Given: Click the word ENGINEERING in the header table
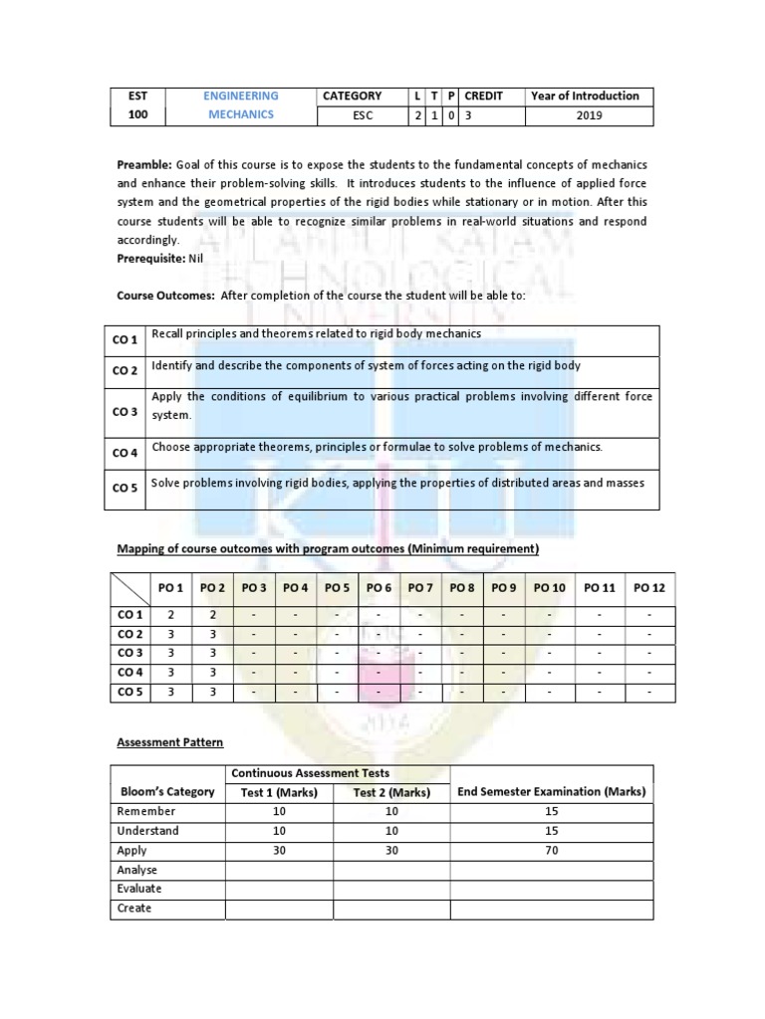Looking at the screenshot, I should tap(241, 96).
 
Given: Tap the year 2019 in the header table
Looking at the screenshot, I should tap(587, 115).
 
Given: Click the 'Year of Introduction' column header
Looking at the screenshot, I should tap(585, 96).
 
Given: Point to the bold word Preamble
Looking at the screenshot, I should tap(144, 164).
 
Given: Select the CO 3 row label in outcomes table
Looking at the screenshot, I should tap(125, 412).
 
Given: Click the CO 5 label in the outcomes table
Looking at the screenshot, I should tap(125, 488).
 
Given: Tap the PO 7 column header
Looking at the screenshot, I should tap(420, 588).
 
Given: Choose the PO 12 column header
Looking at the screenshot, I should tap(649, 588).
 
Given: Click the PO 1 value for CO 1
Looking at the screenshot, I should tap(171, 615).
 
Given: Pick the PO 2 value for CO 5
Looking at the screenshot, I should tap(212, 692).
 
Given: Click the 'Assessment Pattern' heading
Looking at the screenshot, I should tap(170, 742).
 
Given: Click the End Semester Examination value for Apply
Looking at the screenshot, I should tap(551, 850).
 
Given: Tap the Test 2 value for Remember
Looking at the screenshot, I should tap(390, 812).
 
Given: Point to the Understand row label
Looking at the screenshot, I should tap(147, 831).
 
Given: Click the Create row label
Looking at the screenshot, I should tap(134, 908).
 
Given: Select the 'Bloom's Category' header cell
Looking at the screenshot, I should tap(165, 792).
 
